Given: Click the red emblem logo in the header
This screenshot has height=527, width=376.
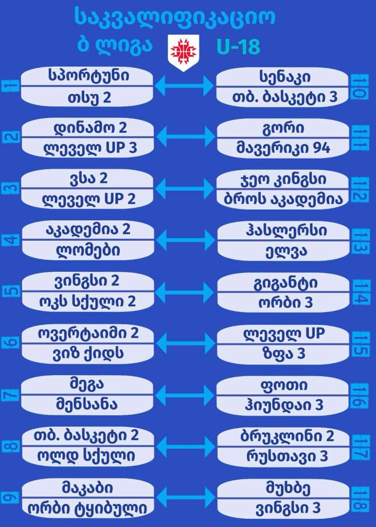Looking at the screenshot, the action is (183, 52).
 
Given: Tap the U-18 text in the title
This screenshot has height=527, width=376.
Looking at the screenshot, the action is (239, 46).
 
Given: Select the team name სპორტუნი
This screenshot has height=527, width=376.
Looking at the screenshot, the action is (88, 76).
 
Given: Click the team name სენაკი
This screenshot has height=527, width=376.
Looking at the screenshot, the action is (284, 78).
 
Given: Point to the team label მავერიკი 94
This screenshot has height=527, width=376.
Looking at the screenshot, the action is (283, 148).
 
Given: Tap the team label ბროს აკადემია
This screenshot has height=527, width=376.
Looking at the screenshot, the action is (283, 199).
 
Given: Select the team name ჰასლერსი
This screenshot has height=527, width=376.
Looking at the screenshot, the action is (286, 231).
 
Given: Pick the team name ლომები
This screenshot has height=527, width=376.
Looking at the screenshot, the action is (88, 251).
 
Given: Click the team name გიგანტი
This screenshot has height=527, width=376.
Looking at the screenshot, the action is (285, 284).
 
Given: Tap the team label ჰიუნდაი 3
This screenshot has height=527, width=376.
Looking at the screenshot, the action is (284, 405).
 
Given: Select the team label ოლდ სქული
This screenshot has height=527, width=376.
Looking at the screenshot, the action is (86, 456).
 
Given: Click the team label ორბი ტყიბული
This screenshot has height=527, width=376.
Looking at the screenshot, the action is (87, 508).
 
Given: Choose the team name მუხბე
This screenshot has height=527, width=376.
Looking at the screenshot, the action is (283, 488).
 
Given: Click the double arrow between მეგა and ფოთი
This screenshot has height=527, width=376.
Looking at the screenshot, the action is (185, 395).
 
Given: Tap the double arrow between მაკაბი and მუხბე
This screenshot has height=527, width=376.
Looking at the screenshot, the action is (186, 498).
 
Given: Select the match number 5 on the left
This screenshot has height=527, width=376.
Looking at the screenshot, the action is (11, 291).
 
